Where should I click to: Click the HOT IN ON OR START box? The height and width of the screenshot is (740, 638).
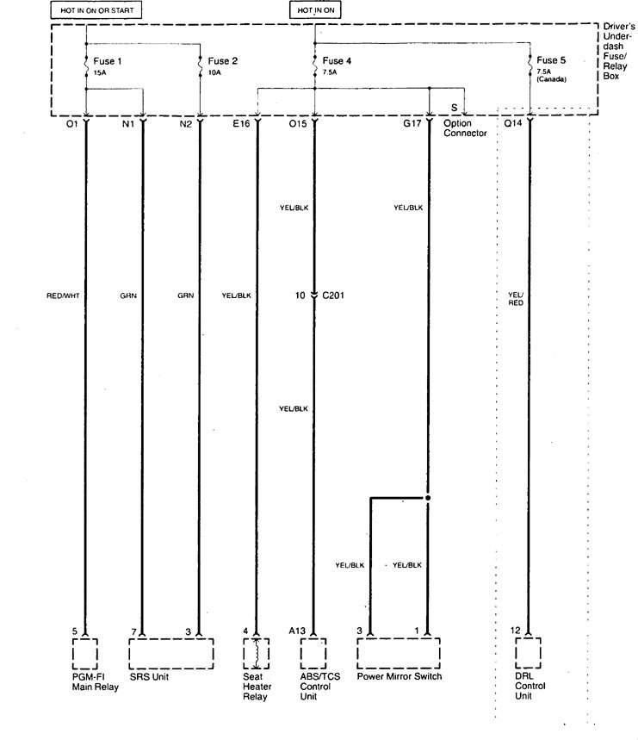coord(96,10)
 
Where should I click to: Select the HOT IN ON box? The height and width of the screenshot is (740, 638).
coord(315,10)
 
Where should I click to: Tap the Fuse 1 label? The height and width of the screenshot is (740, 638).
coord(107,61)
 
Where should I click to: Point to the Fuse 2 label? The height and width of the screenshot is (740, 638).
coord(223,61)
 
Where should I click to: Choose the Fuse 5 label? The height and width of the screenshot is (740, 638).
coord(551,60)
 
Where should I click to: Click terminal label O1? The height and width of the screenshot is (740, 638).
coord(71,124)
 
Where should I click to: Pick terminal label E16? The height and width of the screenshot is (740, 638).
coord(241,124)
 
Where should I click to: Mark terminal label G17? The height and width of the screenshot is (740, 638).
coord(412,123)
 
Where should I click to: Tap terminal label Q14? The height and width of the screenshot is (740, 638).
coord(513,123)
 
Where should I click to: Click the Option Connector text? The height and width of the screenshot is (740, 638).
coord(465,127)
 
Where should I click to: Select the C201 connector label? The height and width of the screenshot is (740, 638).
coord(333,295)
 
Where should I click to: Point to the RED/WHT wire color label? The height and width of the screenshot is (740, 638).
coord(63,295)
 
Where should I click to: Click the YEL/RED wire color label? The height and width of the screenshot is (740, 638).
coord(516,299)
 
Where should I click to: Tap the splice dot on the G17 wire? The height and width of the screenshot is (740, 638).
coord(428,498)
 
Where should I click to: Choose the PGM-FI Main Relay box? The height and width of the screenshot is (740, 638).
coord(85,654)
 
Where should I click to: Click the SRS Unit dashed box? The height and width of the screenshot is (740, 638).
coord(171,654)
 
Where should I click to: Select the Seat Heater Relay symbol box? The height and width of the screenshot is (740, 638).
coord(256,654)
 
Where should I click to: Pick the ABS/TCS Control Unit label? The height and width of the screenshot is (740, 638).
coord(319,687)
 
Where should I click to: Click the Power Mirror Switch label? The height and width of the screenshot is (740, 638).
coord(400,676)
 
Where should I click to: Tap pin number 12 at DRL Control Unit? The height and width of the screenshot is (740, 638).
coord(516,630)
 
